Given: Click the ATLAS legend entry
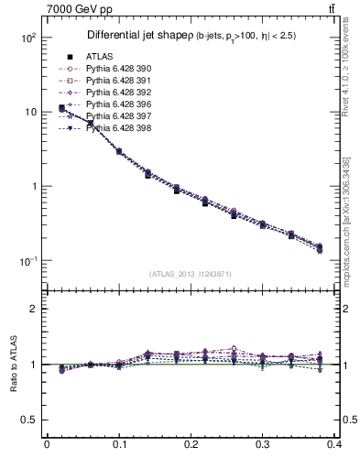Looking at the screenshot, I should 100,56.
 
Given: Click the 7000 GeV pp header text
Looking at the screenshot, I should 49,8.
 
